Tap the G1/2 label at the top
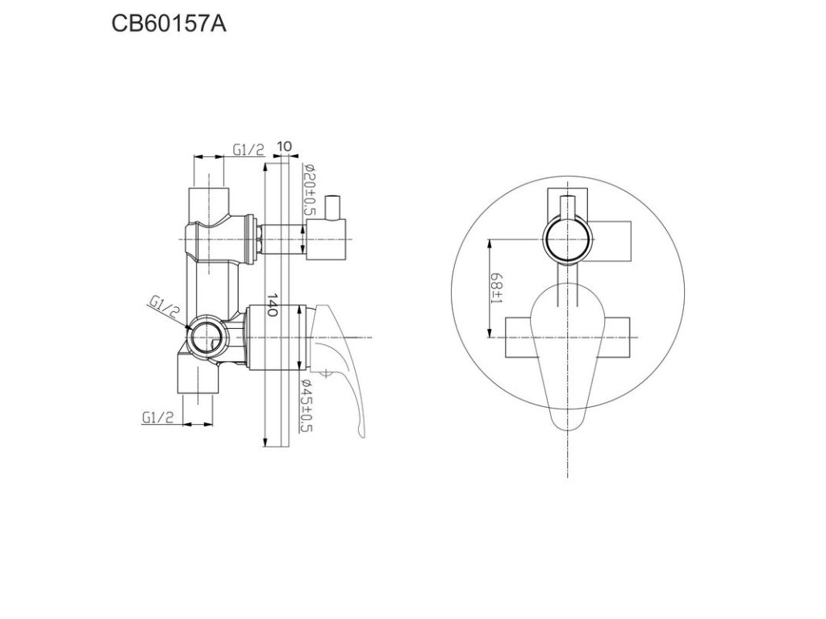[248, 150]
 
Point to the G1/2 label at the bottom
[157, 417]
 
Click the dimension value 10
[283, 147]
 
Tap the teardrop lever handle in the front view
[568, 355]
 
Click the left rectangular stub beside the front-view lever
[519, 337]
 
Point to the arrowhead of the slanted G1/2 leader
[187, 326]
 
